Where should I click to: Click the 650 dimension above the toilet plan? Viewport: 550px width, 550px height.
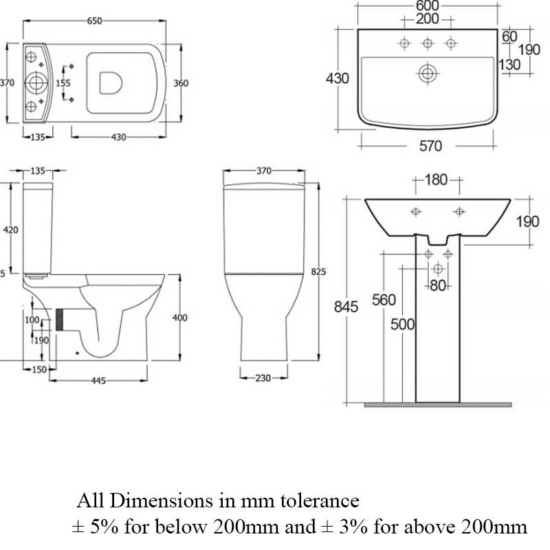(94, 21)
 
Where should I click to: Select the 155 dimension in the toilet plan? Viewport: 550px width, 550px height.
(63, 82)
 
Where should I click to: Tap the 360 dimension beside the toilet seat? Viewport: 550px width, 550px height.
(181, 82)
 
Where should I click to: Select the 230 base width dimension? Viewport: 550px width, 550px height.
(261, 377)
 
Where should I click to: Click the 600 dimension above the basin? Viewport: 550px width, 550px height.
(428, 5)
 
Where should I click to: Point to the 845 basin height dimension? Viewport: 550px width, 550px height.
(346, 307)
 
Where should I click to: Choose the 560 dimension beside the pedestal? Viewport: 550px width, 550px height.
(384, 300)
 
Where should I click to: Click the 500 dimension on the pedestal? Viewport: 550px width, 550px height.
(402, 324)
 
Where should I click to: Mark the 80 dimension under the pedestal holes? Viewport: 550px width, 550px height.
(438, 286)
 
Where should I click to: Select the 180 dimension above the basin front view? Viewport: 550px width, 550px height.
(436, 180)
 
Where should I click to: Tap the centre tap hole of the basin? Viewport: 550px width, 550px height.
(428, 44)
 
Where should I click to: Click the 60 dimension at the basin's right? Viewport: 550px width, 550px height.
(509, 36)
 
